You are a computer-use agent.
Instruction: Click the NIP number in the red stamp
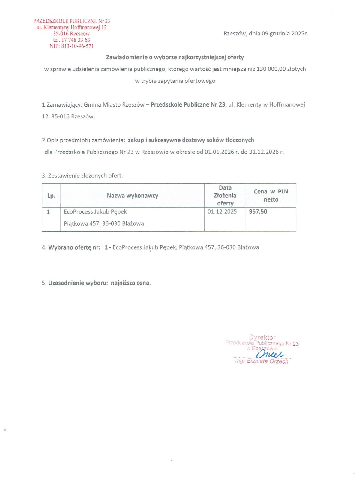pyautogui.click(x=77, y=46)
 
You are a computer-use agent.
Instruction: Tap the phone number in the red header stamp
pyautogui.click(x=76, y=40)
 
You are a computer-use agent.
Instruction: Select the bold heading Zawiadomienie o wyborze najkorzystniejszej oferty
pyautogui.click(x=175, y=57)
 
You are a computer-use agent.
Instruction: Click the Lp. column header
pyautogui.click(x=51, y=196)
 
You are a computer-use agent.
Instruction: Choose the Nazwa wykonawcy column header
pyautogui.click(x=132, y=196)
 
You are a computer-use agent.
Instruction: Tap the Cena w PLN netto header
pyautogui.click(x=271, y=196)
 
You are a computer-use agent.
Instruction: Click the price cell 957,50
pyautogui.click(x=258, y=212)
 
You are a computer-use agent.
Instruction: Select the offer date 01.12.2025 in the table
pyautogui.click(x=222, y=212)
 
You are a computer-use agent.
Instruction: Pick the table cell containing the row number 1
pyautogui.click(x=49, y=212)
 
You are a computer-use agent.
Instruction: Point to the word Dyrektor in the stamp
pyautogui.click(x=262, y=337)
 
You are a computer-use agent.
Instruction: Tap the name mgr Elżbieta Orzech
pyautogui.click(x=262, y=361)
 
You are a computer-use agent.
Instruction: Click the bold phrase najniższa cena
pyautogui.click(x=131, y=283)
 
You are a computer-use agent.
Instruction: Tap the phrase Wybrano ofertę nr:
pyautogui.click(x=74, y=247)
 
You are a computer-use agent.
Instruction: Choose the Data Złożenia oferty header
pyautogui.click(x=225, y=196)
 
